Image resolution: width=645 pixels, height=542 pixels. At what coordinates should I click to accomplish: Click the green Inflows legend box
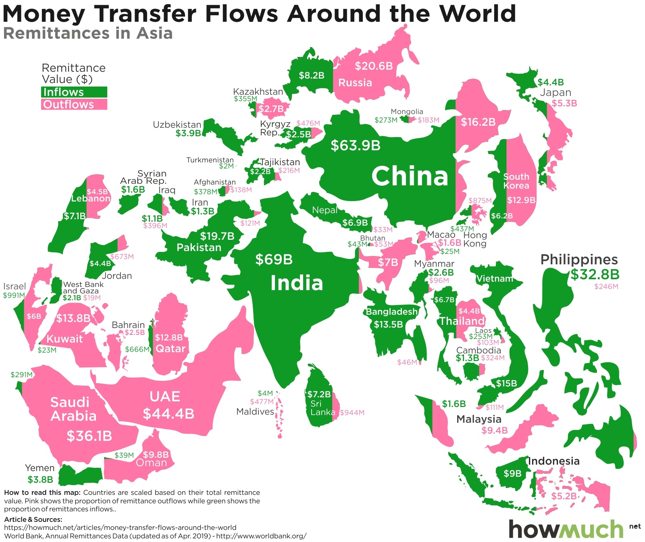pyautogui.click(x=74, y=92)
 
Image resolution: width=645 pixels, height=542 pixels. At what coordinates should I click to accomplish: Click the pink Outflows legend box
pyautogui.click(x=74, y=105)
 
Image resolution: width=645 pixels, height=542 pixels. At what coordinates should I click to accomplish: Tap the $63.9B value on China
pyautogui.click(x=355, y=145)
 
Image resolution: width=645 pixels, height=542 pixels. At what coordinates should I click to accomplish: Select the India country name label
pyautogui.click(x=297, y=283)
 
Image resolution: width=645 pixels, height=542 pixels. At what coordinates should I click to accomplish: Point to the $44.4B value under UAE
pyautogui.click(x=169, y=414)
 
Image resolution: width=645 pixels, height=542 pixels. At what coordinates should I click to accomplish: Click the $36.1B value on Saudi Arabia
pyautogui.click(x=89, y=436)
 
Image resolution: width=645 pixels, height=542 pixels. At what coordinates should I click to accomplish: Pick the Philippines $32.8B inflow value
pyautogui.click(x=595, y=274)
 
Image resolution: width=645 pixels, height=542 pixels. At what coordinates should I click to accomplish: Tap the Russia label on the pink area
pyautogui.click(x=355, y=83)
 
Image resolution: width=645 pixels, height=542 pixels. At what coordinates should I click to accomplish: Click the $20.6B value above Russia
pyautogui.click(x=373, y=66)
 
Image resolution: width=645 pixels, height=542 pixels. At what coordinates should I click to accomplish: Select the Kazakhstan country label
pyautogui.click(x=258, y=92)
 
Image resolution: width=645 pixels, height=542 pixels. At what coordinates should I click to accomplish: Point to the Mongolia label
pyautogui.click(x=407, y=112)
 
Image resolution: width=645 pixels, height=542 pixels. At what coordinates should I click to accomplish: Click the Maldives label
pyautogui.click(x=255, y=412)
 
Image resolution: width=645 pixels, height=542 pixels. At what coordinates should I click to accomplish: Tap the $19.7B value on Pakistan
pyautogui.click(x=217, y=236)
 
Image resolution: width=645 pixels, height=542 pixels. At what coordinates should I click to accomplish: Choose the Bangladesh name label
pyautogui.click(x=391, y=311)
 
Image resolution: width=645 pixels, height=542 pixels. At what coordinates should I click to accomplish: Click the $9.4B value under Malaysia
pyautogui.click(x=494, y=431)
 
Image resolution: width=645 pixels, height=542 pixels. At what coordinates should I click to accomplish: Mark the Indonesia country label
pyautogui.click(x=553, y=461)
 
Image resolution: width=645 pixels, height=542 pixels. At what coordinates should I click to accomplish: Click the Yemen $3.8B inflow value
pyautogui.click(x=40, y=480)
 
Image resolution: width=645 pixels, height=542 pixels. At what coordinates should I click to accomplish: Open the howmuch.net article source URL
pyautogui.click(x=120, y=527)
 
